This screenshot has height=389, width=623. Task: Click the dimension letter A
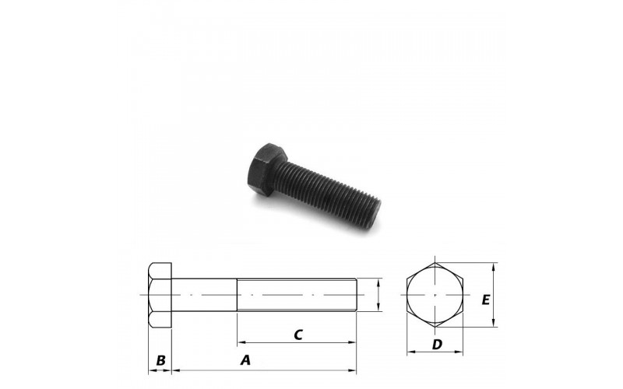click(x=246, y=360)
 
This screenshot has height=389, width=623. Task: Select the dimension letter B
click(x=160, y=360)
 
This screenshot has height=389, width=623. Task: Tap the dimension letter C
click(x=298, y=335)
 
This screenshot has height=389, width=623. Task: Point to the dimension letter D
click(x=437, y=345)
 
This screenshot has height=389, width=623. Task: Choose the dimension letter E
click(x=485, y=300)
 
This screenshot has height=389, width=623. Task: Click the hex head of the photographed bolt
click(x=266, y=169)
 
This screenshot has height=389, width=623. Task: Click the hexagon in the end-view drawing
click(x=435, y=295)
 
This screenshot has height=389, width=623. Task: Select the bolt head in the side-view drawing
click(x=160, y=295)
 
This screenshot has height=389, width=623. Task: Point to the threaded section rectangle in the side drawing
click(x=297, y=295)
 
